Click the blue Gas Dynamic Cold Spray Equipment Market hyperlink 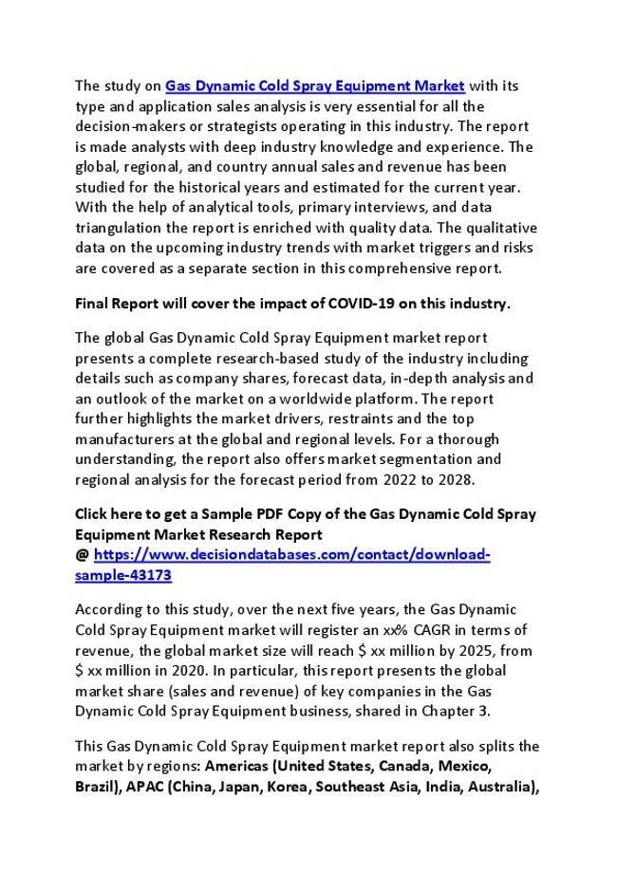click(315, 85)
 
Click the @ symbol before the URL click(82, 555)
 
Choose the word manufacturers click(122, 439)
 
